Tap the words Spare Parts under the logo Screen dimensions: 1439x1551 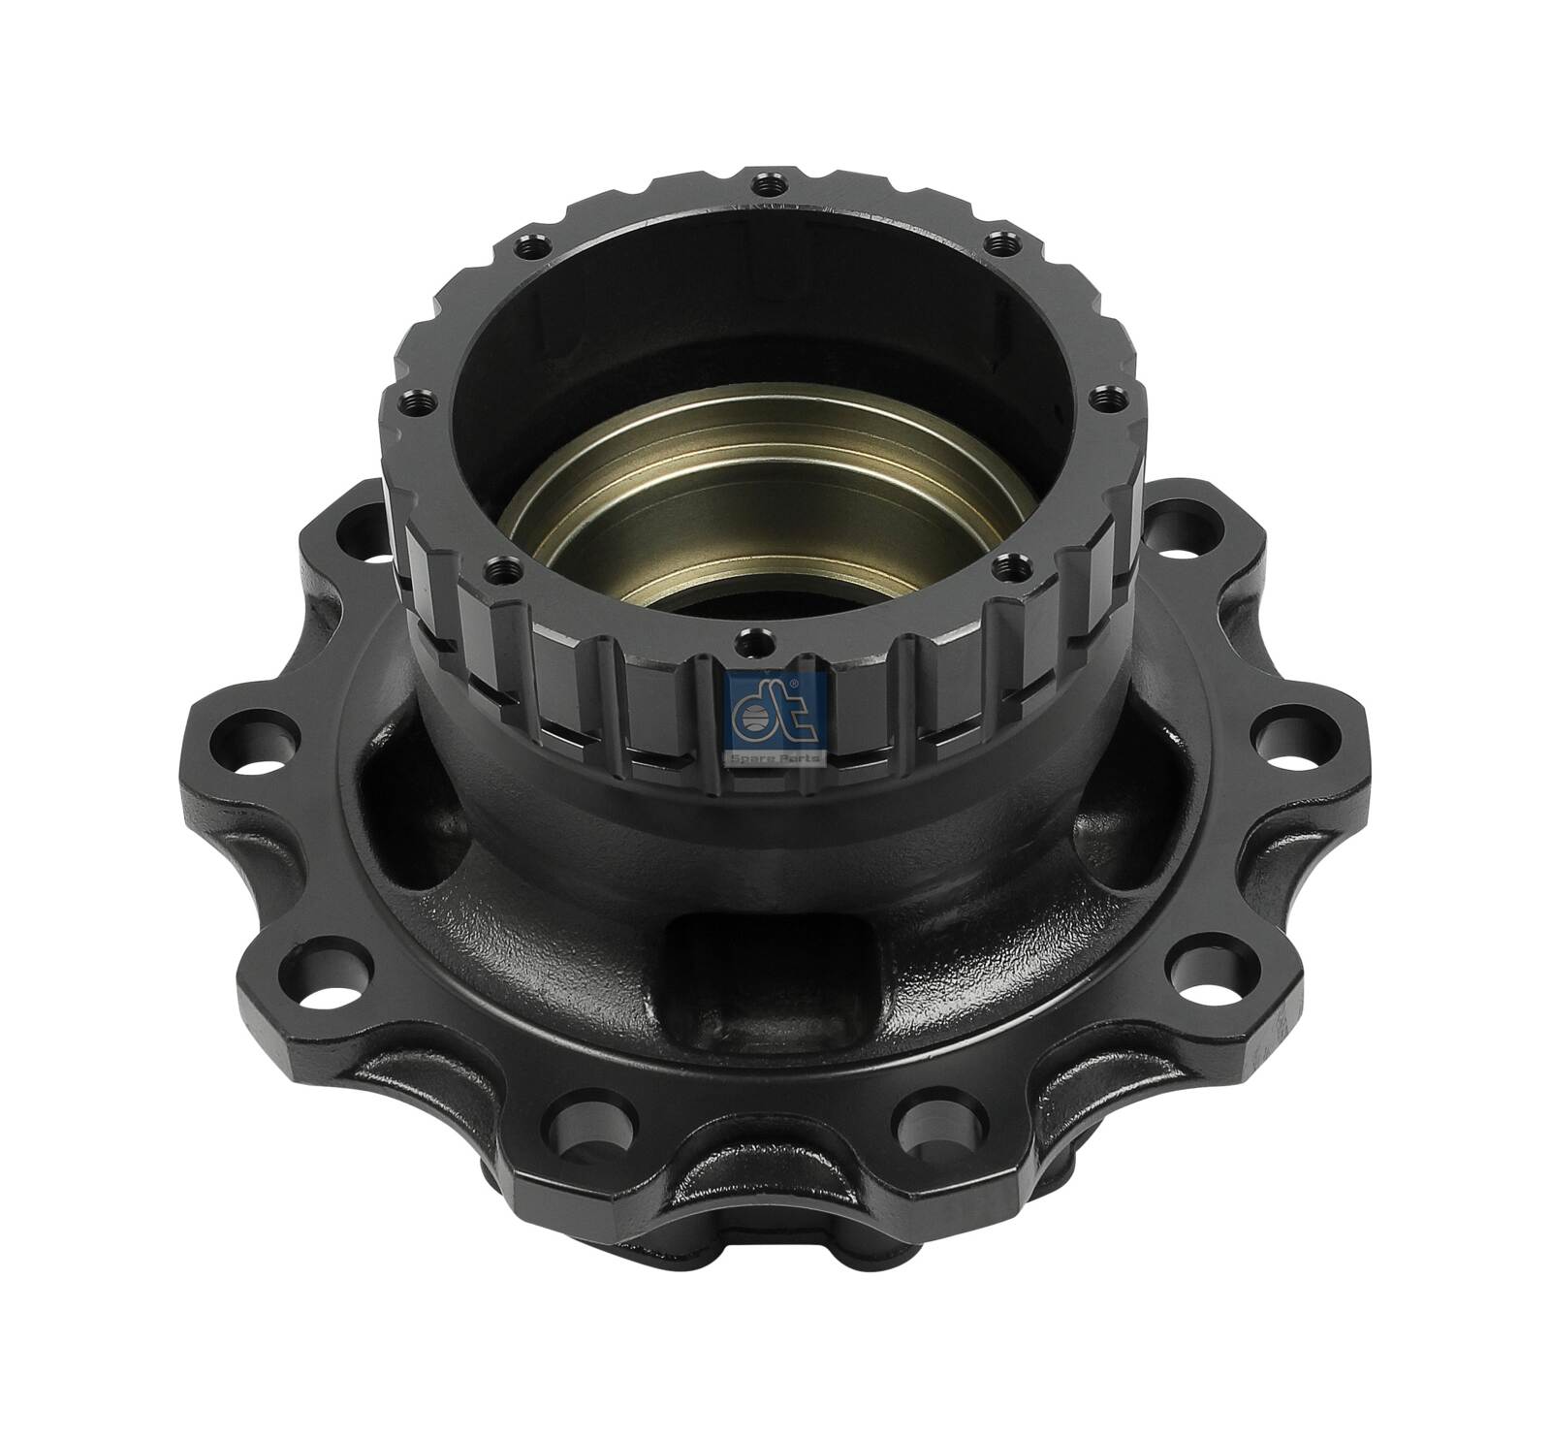point(775,757)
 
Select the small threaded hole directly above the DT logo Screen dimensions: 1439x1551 point(747,639)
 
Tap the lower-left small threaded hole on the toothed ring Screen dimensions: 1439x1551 point(500,563)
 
